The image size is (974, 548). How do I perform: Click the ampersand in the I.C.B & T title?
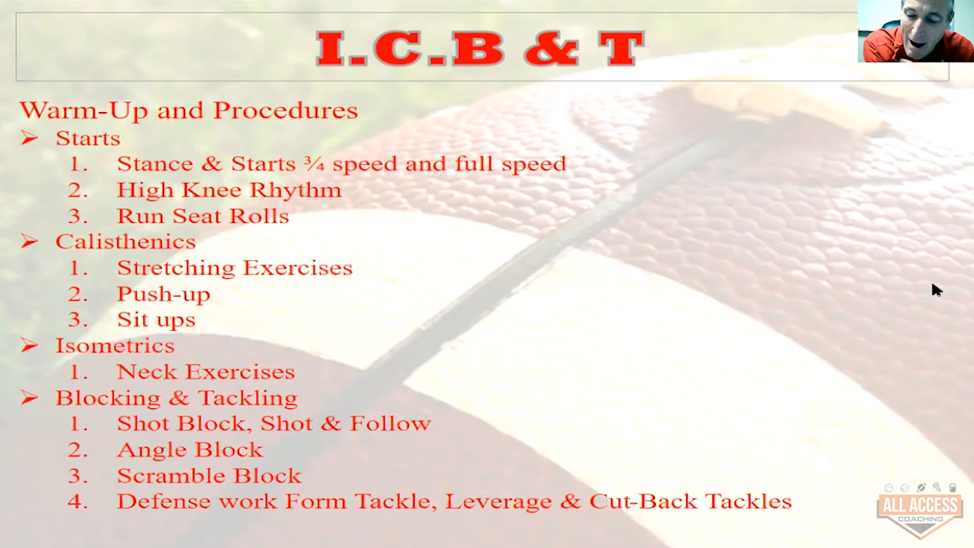(x=552, y=49)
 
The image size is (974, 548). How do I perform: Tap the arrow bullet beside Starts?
(x=29, y=138)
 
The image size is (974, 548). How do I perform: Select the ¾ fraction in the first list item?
(x=314, y=163)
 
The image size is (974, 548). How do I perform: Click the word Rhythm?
(x=295, y=190)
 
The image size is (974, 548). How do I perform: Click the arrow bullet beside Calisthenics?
(x=29, y=242)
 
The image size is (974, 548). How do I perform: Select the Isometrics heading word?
(x=115, y=346)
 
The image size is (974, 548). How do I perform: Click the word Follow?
(x=390, y=424)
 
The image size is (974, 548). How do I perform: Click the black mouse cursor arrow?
(x=936, y=290)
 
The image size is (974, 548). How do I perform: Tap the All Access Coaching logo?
(x=920, y=510)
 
